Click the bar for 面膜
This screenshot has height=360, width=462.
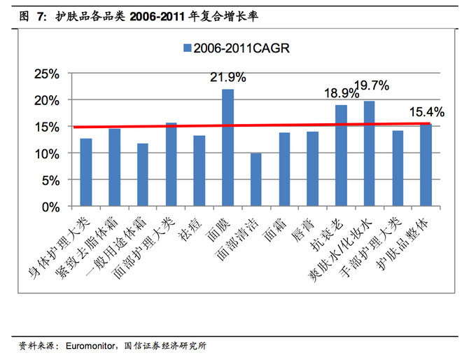227,148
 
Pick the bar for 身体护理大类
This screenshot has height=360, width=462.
86,172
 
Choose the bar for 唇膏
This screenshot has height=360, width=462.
312,169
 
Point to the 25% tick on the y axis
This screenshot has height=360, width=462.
48,74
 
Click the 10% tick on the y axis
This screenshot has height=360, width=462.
48,153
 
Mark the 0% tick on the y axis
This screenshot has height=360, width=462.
52,207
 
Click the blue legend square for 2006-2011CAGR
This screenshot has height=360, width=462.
187,48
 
